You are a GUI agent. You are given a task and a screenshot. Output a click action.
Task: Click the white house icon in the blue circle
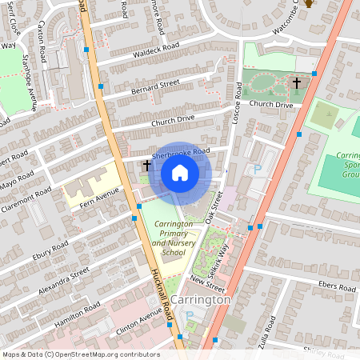[x=180, y=172]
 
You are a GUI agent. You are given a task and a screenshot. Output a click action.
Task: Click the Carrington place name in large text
[x=200, y=298]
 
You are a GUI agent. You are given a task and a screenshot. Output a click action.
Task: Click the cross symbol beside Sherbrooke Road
[x=146, y=166]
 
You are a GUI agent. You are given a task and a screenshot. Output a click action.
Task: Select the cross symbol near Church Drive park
[x=296, y=82]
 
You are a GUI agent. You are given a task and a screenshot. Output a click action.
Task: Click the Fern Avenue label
[x=102, y=196]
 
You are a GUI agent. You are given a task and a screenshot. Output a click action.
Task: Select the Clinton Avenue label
[x=129, y=324]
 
